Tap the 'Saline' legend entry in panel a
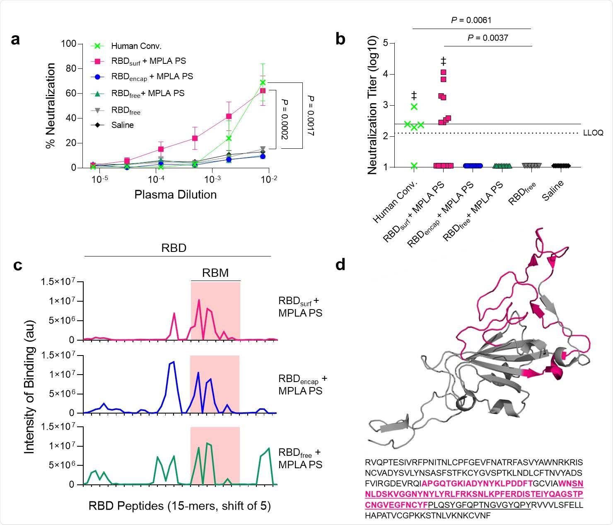pos(122,125)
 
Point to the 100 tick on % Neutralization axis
pos(68,44)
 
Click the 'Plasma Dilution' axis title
pos(175,194)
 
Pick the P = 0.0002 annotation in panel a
pos(285,119)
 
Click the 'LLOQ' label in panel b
pos(593,133)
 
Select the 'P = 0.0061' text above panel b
pos(471,20)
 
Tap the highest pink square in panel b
pos(443,73)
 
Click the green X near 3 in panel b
pos(414,107)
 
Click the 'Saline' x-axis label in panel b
pos(553,191)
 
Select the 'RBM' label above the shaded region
pos(215,273)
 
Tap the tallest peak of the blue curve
pos(173,362)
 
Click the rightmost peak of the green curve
pos(269,448)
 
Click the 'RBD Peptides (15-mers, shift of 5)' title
pos(179,506)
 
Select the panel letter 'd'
pos(340,265)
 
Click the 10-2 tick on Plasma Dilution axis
pos(269,179)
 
